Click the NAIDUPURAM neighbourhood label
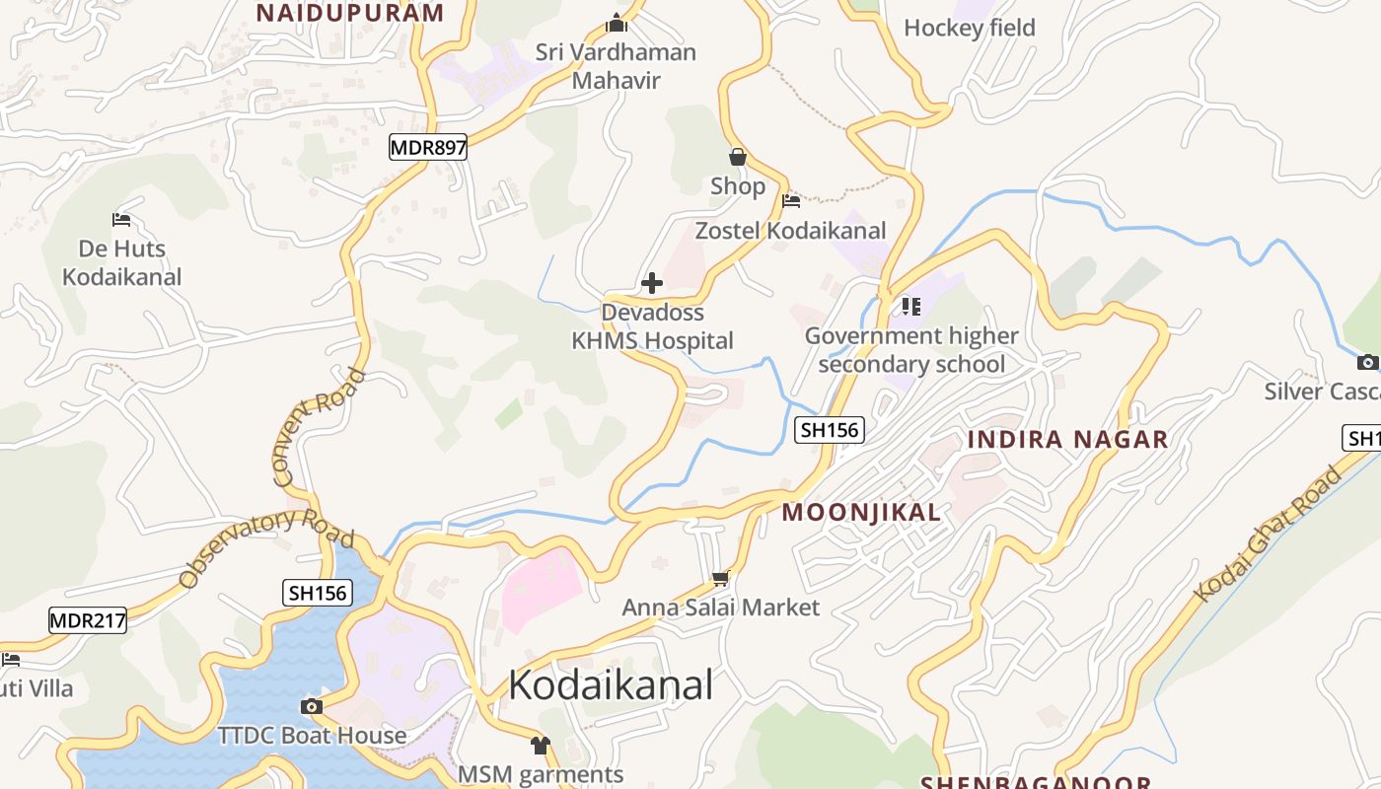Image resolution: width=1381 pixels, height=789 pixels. [350, 13]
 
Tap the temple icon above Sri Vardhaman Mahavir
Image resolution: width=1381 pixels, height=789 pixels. [617, 23]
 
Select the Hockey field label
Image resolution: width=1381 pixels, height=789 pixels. [970, 28]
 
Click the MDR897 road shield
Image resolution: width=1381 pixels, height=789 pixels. [427, 148]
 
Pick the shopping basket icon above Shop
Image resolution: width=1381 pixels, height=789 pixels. [737, 157]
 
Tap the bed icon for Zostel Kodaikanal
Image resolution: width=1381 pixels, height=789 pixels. [791, 201]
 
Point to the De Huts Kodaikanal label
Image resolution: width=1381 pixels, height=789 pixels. [122, 262]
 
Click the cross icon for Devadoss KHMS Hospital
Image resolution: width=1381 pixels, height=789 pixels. [652, 284]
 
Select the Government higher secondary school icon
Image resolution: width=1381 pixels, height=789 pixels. [910, 307]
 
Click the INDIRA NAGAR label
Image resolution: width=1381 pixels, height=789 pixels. [1067, 439]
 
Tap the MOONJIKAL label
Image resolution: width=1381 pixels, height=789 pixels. [861, 513]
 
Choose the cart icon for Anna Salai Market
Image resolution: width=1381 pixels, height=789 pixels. [721, 579]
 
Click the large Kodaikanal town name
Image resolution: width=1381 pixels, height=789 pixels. [611, 684]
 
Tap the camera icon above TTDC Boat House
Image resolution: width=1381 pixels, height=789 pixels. [312, 706]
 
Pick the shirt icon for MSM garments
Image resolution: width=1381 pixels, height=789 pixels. [540, 745]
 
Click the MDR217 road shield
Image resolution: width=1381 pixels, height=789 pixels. [88, 620]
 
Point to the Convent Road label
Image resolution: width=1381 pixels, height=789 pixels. [319, 428]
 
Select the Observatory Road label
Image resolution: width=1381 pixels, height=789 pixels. [266, 547]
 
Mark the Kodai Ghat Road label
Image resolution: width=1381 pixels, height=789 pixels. [1269, 534]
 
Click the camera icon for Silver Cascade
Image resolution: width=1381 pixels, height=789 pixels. [1367, 362]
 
